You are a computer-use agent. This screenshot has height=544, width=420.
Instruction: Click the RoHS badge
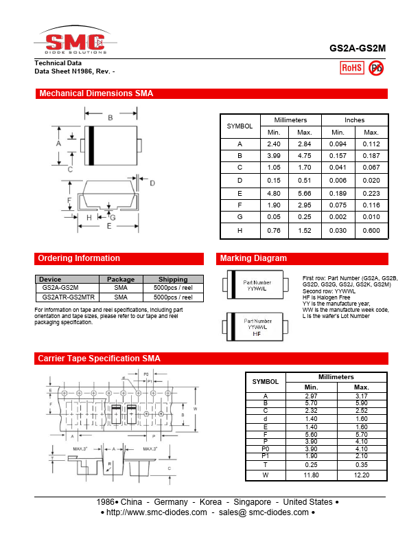(352, 67)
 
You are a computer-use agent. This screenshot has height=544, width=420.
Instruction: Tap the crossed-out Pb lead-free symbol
(376, 67)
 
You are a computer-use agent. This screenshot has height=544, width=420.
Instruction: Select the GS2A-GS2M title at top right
(358, 49)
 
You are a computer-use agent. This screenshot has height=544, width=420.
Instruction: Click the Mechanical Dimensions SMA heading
(96, 93)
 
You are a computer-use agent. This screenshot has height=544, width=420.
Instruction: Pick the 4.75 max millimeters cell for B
(305, 156)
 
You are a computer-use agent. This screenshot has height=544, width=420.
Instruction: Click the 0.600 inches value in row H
(371, 231)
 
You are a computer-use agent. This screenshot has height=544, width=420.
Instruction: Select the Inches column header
(354, 120)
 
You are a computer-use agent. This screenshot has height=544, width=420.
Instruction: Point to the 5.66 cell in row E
(305, 194)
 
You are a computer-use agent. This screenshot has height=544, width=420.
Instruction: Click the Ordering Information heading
(79, 258)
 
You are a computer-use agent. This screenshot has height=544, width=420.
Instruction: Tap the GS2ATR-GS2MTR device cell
(69, 297)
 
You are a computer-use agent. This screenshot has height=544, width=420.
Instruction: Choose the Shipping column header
(173, 280)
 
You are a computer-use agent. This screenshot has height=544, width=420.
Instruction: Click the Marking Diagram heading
(253, 258)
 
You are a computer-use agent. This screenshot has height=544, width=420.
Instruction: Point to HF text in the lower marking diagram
(257, 334)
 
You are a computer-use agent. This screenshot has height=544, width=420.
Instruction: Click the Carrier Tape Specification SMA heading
(99, 359)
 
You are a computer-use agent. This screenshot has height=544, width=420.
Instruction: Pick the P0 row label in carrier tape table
(266, 449)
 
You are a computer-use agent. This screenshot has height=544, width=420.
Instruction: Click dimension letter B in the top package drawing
(110, 118)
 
